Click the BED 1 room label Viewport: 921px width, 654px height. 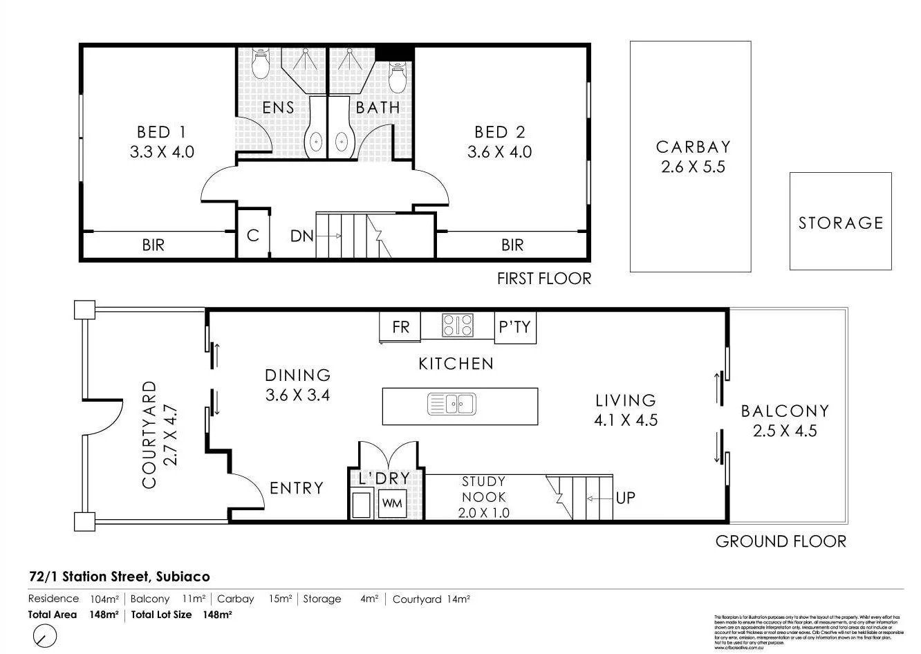tap(162, 132)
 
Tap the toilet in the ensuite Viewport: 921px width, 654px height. tap(260, 64)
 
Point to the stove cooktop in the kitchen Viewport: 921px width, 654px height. tap(458, 325)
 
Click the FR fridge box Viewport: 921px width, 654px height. tap(400, 327)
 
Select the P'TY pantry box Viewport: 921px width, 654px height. tap(515, 327)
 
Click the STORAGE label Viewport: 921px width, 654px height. tap(841, 223)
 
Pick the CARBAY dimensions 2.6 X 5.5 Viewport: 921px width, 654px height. tap(693, 167)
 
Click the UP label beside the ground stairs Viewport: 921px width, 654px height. tap(625, 498)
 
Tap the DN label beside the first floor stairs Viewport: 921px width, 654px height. tap(301, 236)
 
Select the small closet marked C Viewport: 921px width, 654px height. tap(252, 236)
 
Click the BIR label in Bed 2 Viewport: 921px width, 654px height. tap(512, 245)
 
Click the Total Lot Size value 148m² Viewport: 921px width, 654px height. tap(216, 615)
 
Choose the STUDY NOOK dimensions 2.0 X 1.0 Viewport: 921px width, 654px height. tap(483, 513)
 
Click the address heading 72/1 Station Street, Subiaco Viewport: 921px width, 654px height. tap(120, 577)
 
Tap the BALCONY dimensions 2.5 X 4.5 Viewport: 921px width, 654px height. tap(785, 431)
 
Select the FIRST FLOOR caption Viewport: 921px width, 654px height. tap(544, 279)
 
